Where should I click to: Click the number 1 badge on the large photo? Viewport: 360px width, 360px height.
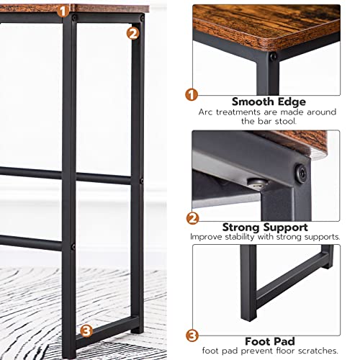[x=63, y=12]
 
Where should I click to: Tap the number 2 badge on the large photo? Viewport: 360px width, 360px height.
[x=132, y=32]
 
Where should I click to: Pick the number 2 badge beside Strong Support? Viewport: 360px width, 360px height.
[x=192, y=217]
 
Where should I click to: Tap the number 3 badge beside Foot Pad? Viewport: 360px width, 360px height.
[x=192, y=336]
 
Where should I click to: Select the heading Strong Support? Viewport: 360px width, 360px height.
[x=268, y=225]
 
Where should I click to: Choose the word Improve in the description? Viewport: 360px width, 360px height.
[x=207, y=236]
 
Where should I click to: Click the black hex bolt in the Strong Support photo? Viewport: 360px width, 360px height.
[x=301, y=174]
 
